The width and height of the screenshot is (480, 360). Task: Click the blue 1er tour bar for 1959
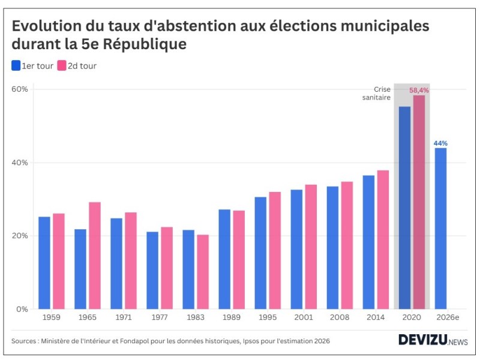pos(44,263)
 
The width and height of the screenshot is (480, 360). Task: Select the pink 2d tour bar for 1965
pos(95,256)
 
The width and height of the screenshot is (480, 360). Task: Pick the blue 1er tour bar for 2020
pos(405,208)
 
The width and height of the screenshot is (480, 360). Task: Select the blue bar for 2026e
pos(440,228)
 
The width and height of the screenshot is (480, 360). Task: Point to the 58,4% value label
pos(419,90)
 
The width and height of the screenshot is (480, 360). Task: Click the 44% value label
pos(440,143)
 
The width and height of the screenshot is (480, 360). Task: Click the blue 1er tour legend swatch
pos(16,66)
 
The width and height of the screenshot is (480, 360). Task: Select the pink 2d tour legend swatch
pos(61,66)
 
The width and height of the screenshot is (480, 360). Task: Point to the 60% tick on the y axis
pos(20,89)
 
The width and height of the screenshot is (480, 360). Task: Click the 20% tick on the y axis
pos(20,236)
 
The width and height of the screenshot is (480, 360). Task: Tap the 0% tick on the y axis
pos(23,309)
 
